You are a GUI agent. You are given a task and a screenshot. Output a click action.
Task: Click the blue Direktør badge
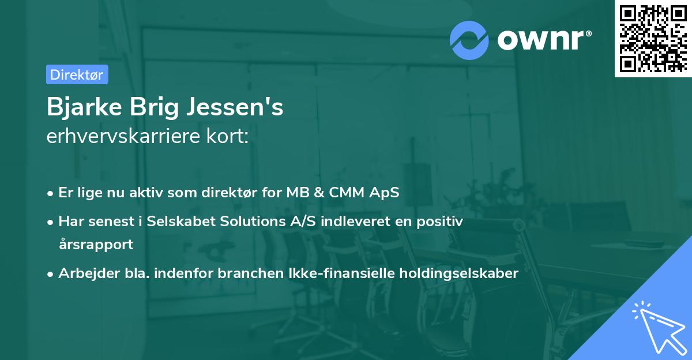click(x=77, y=74)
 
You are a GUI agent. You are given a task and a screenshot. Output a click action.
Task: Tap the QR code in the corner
click(x=653, y=38)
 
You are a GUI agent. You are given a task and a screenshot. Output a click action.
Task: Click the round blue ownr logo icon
click(x=469, y=40)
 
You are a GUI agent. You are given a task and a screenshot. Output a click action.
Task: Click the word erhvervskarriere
click(x=123, y=137)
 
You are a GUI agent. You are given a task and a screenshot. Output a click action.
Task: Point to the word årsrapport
click(x=95, y=244)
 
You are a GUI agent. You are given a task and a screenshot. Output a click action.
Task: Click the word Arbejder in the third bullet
click(x=84, y=273)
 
